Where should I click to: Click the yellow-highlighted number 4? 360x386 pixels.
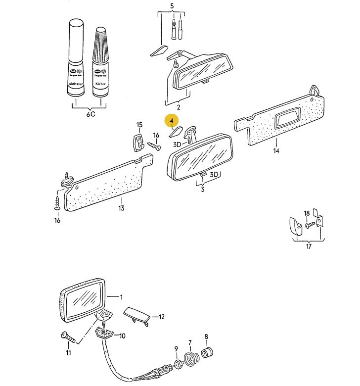pos(172,121)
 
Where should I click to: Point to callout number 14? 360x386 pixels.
pos(276,151)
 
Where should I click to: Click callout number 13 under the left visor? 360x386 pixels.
pos(121,208)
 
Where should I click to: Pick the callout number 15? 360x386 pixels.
pos(139,125)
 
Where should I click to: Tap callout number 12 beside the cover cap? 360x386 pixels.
pos(161,317)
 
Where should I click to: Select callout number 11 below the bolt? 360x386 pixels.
pos(68,353)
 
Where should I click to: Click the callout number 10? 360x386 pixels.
pos(122,336)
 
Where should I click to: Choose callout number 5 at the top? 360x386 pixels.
pos(172,6)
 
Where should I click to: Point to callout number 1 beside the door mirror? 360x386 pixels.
pos(121,297)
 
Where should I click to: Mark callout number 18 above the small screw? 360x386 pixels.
pos(307,213)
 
